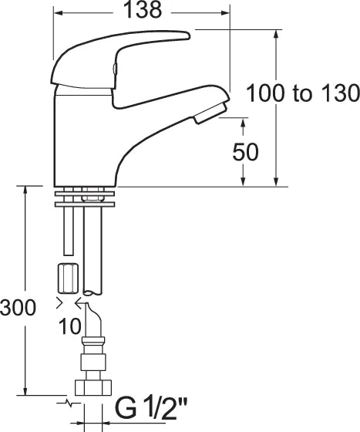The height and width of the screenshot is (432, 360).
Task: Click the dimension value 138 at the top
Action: (x=143, y=11)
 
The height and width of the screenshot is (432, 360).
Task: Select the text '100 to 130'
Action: (x=303, y=94)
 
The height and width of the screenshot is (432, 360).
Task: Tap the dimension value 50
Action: (x=246, y=152)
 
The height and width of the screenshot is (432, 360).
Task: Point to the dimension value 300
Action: (x=18, y=308)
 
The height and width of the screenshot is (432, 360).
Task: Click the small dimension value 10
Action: (x=69, y=326)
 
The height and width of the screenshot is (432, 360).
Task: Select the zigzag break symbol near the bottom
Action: (x=69, y=402)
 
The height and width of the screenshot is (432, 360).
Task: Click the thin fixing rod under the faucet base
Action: (x=68, y=231)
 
